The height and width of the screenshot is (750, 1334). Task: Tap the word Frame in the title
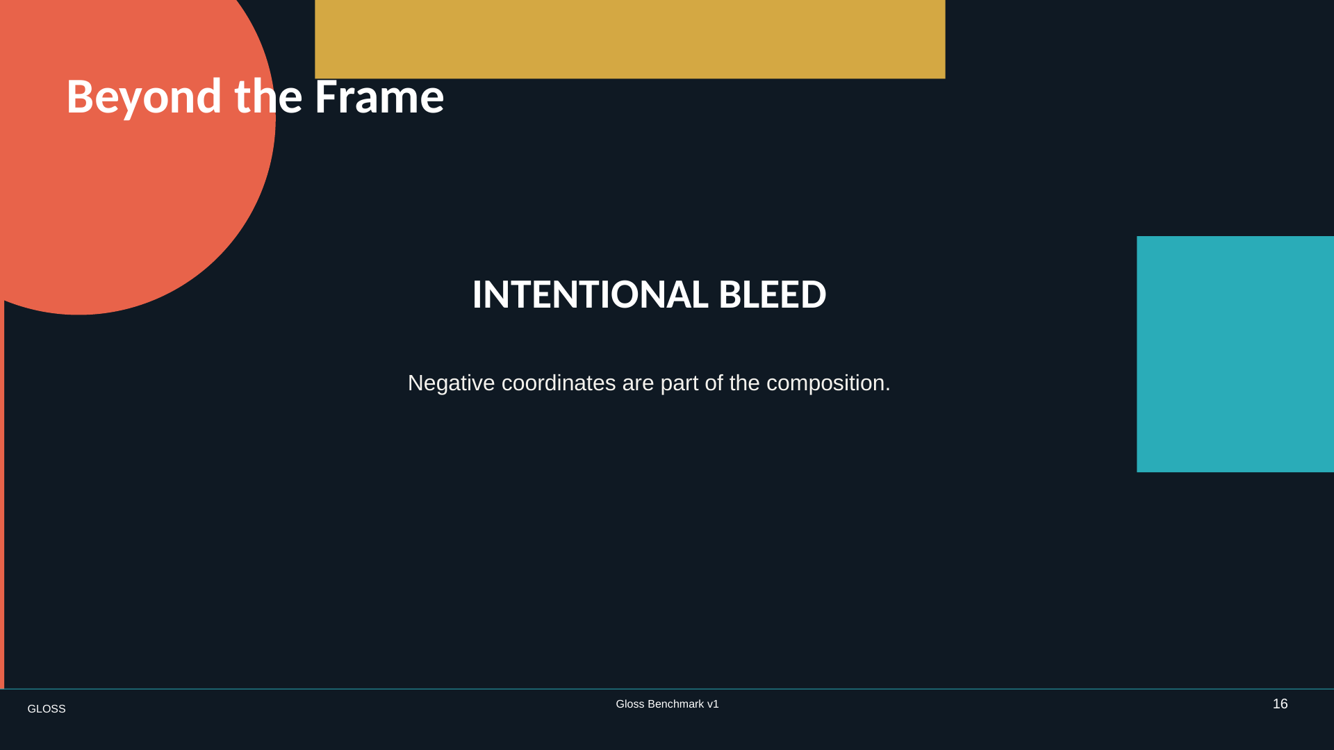(379, 96)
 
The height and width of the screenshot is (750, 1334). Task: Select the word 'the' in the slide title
(268, 96)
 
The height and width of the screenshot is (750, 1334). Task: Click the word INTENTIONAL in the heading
(590, 294)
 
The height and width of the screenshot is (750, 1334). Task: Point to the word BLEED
(772, 294)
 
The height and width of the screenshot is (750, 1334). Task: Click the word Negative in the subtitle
(451, 383)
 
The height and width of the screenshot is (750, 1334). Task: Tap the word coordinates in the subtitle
(559, 383)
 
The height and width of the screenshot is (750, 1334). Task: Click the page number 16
(1280, 704)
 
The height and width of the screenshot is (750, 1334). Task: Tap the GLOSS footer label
(47, 709)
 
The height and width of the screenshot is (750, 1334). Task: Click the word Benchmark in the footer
(675, 704)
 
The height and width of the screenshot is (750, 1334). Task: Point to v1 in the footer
(713, 704)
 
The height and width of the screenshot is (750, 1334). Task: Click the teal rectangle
(1235, 354)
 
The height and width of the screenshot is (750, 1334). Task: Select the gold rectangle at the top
(630, 39)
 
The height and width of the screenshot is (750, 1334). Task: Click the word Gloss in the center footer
(630, 704)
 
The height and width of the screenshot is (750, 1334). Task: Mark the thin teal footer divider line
(667, 689)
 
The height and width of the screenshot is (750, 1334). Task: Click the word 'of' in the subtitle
(714, 383)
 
